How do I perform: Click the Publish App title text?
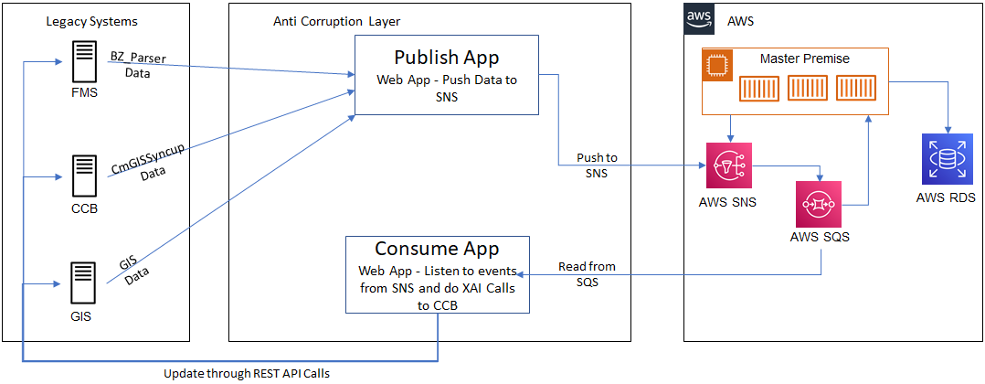tap(446, 59)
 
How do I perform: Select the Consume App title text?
tap(437, 249)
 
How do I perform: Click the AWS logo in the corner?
tap(700, 18)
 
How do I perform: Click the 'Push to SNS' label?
tap(597, 165)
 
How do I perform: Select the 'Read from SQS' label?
tap(587, 273)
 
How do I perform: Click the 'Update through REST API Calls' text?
tap(246, 373)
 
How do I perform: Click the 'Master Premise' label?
tap(804, 59)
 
